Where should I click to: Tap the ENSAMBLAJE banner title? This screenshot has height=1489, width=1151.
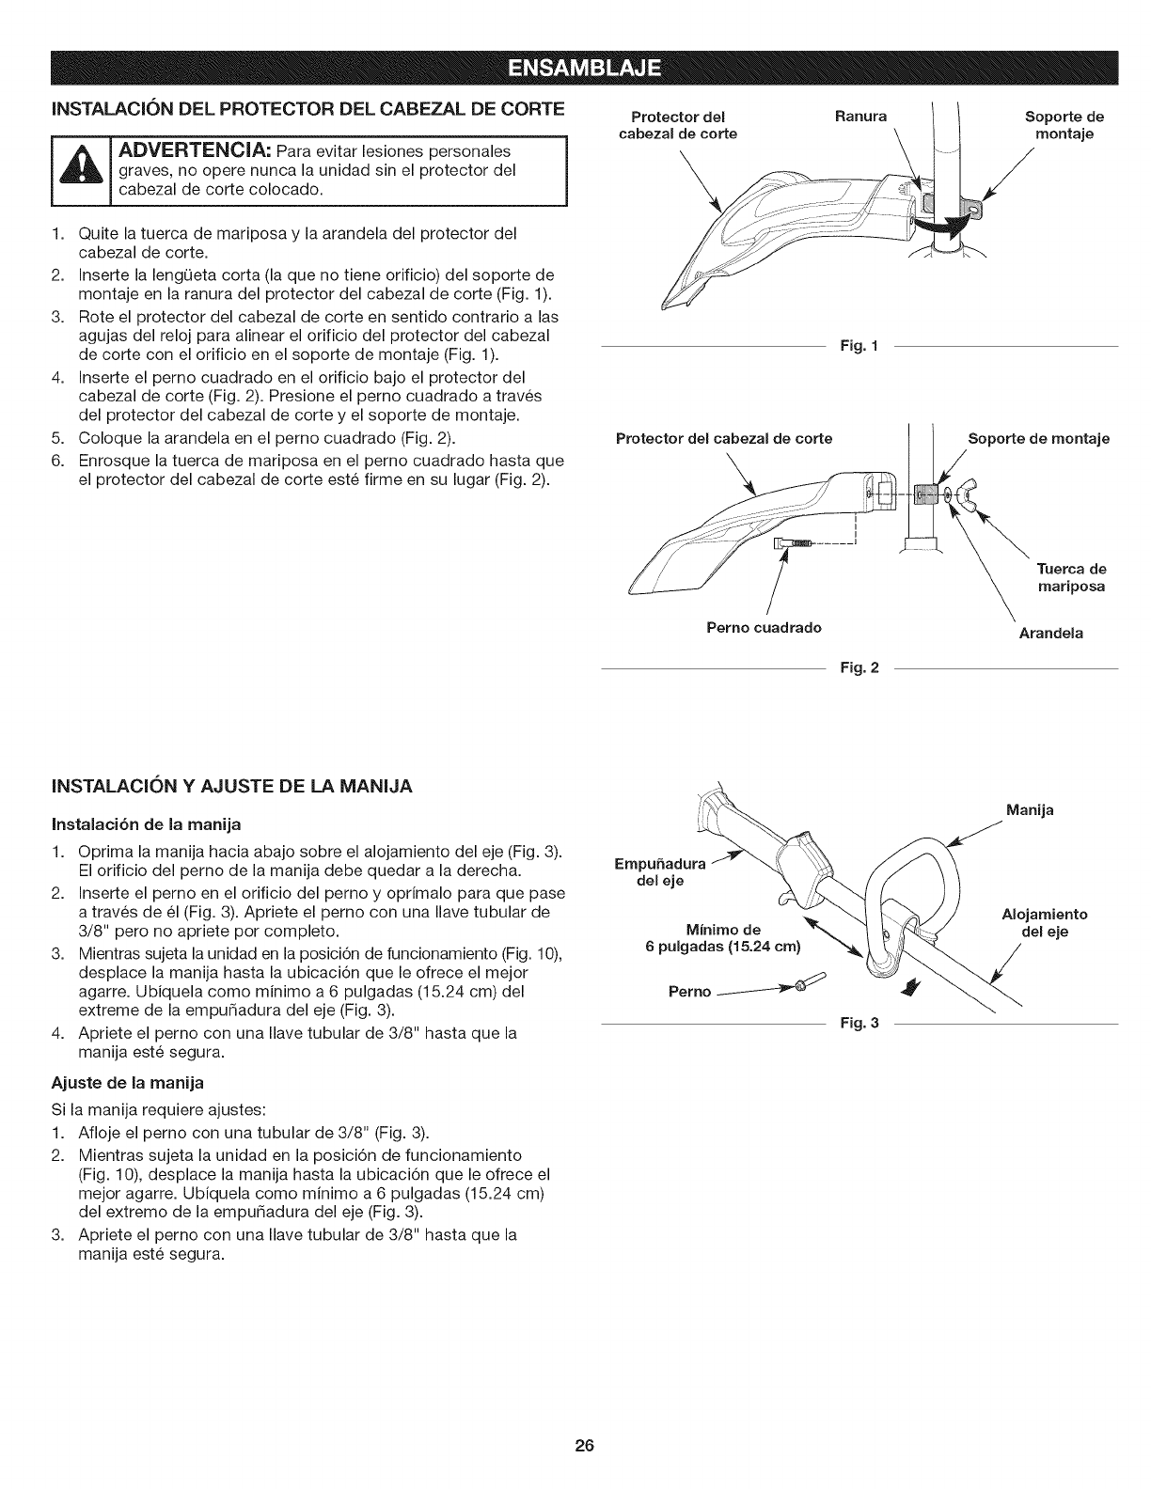[x=583, y=69]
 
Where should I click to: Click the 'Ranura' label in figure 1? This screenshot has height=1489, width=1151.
[x=860, y=118]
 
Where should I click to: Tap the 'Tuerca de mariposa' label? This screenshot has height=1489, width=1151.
[x=1070, y=578]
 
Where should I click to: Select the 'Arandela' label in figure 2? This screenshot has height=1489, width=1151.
[x=1050, y=634]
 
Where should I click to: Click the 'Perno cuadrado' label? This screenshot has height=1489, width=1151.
[x=764, y=627]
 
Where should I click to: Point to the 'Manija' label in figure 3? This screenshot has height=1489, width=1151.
[x=1030, y=809]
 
